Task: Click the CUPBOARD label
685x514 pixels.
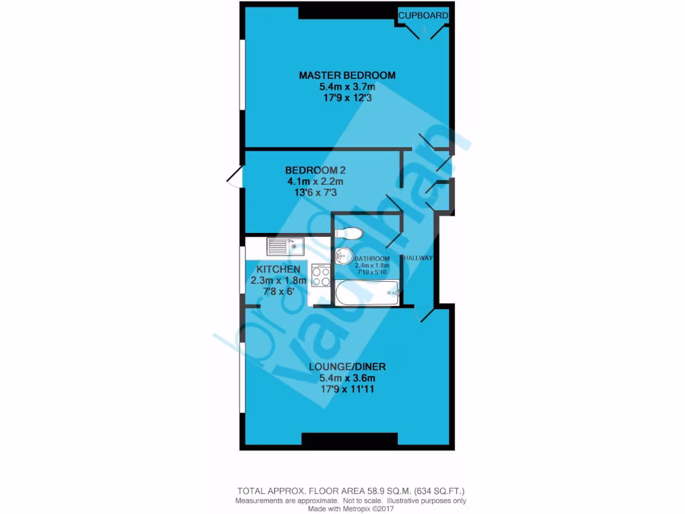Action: tap(423, 15)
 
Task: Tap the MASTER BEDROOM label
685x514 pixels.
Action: tap(347, 75)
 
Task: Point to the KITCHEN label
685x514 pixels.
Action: tap(278, 269)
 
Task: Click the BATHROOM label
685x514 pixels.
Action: tap(371, 259)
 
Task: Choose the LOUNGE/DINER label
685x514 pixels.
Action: tap(347, 367)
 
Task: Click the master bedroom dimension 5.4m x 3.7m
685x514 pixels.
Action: tap(347, 86)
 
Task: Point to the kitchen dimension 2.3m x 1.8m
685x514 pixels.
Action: tap(278, 280)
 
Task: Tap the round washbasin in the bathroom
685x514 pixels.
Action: tap(343, 256)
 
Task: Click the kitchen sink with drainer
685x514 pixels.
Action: tap(286, 247)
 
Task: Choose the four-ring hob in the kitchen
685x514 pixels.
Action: tap(320, 276)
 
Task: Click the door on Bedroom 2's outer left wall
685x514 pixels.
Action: tap(234, 178)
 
